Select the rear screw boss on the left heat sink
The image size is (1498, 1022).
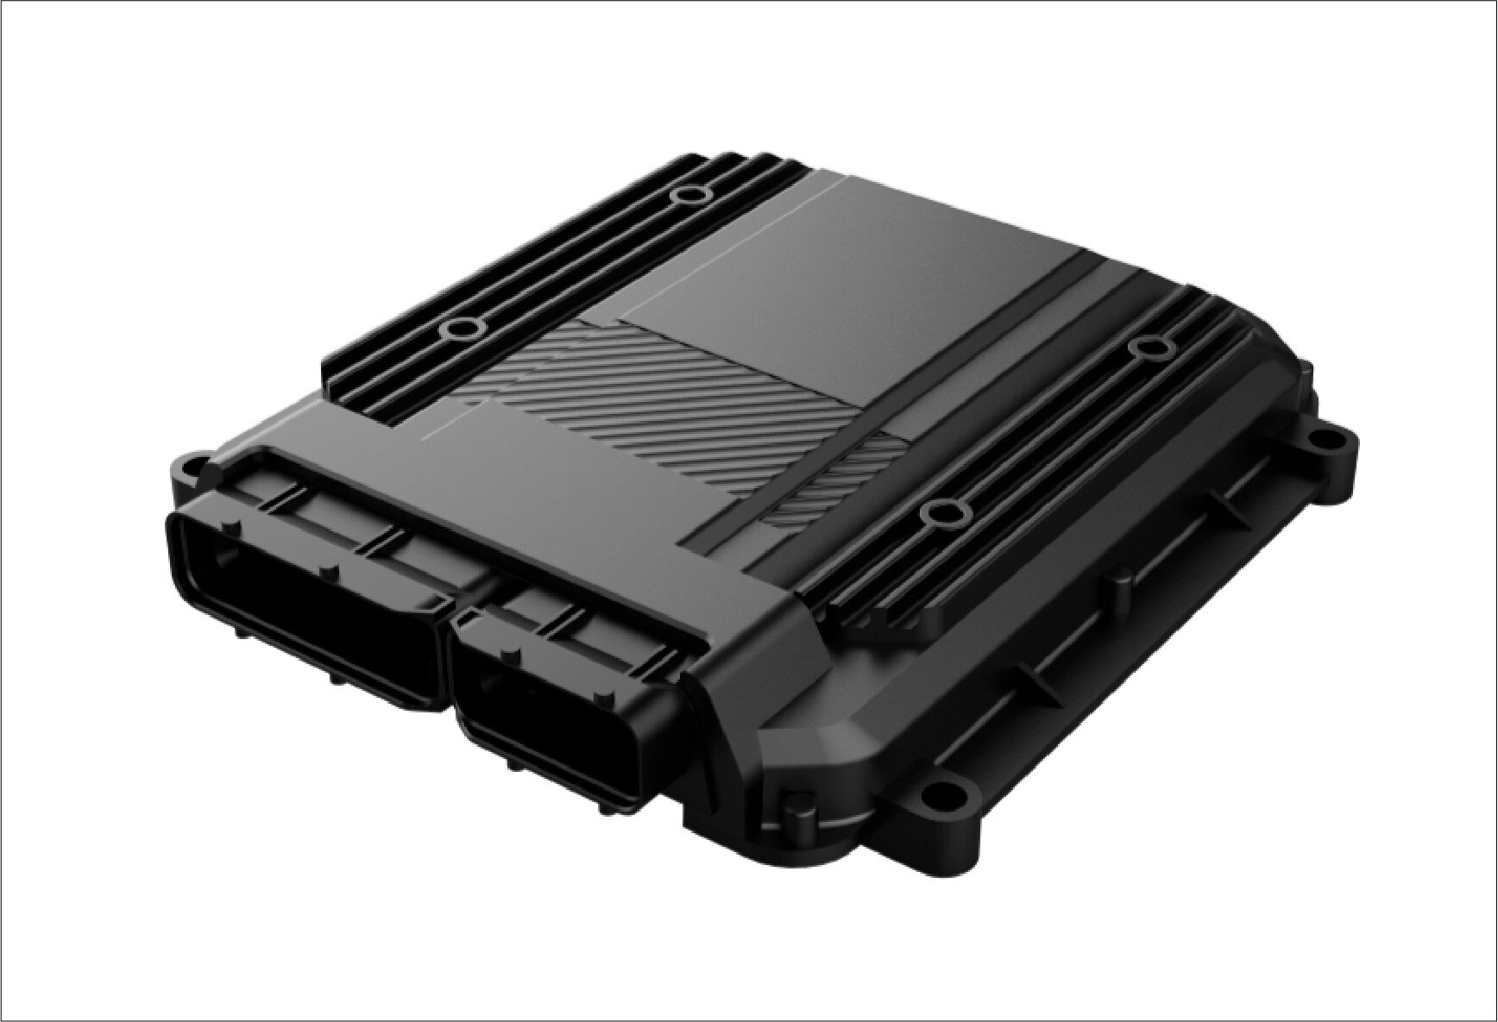click(x=688, y=195)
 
